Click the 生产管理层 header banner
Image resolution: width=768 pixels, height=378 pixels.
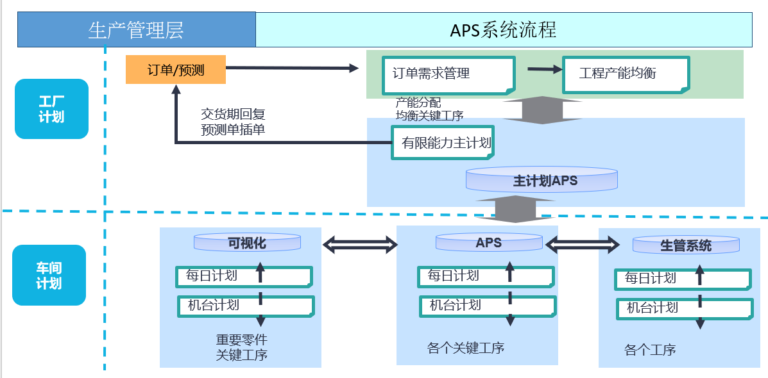tap(136, 29)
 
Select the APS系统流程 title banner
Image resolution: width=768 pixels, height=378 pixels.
tap(504, 29)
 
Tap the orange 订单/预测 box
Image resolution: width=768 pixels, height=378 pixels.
tap(176, 70)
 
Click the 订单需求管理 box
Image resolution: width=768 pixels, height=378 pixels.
tap(447, 74)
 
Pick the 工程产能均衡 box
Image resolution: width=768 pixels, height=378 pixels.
tap(626, 74)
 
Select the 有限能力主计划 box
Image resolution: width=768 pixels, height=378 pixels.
tap(443, 142)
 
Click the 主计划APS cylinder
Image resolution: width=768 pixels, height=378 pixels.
tap(542, 180)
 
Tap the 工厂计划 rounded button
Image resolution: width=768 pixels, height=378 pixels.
tap(51, 109)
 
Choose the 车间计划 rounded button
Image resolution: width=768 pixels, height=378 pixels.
tap(49, 275)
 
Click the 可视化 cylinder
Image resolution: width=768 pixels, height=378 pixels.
tap(247, 243)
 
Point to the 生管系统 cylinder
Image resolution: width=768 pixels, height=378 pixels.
tap(685, 245)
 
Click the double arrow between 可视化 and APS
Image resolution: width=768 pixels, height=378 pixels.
tap(360, 243)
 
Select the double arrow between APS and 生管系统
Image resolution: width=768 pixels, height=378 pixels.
tap(583, 244)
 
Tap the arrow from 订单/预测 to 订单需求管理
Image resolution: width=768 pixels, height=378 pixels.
tap(292, 68)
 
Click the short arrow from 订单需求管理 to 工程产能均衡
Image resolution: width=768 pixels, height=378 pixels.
tap(543, 69)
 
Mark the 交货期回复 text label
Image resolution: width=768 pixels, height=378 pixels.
tap(233, 114)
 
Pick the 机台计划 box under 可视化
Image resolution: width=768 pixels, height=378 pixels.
tap(246, 306)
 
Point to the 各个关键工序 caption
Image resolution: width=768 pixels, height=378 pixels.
tap(466, 349)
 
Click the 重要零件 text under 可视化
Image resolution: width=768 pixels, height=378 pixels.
tap(241, 340)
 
